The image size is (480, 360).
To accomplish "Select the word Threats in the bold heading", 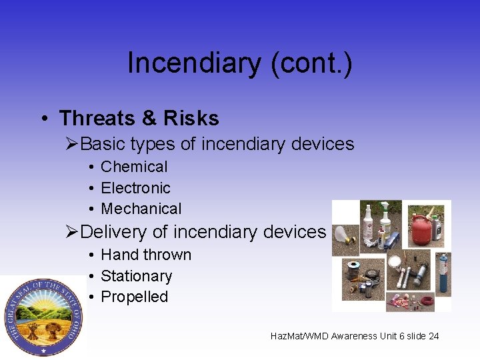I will coord(97,119).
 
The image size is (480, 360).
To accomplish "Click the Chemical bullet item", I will coord(134,167).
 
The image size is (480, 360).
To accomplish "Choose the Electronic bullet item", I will coord(135,188).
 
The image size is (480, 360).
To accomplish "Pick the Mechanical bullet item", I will coord(141,209).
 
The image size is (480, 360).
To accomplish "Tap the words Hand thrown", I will coord(145,255).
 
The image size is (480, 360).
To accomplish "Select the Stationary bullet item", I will coord(136,276).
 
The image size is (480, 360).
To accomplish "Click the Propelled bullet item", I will coord(134,297).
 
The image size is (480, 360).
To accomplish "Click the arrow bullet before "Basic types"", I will coord(73,144).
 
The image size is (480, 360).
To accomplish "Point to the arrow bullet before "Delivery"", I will coord(73,232).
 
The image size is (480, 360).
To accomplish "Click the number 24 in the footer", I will coord(433,336).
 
